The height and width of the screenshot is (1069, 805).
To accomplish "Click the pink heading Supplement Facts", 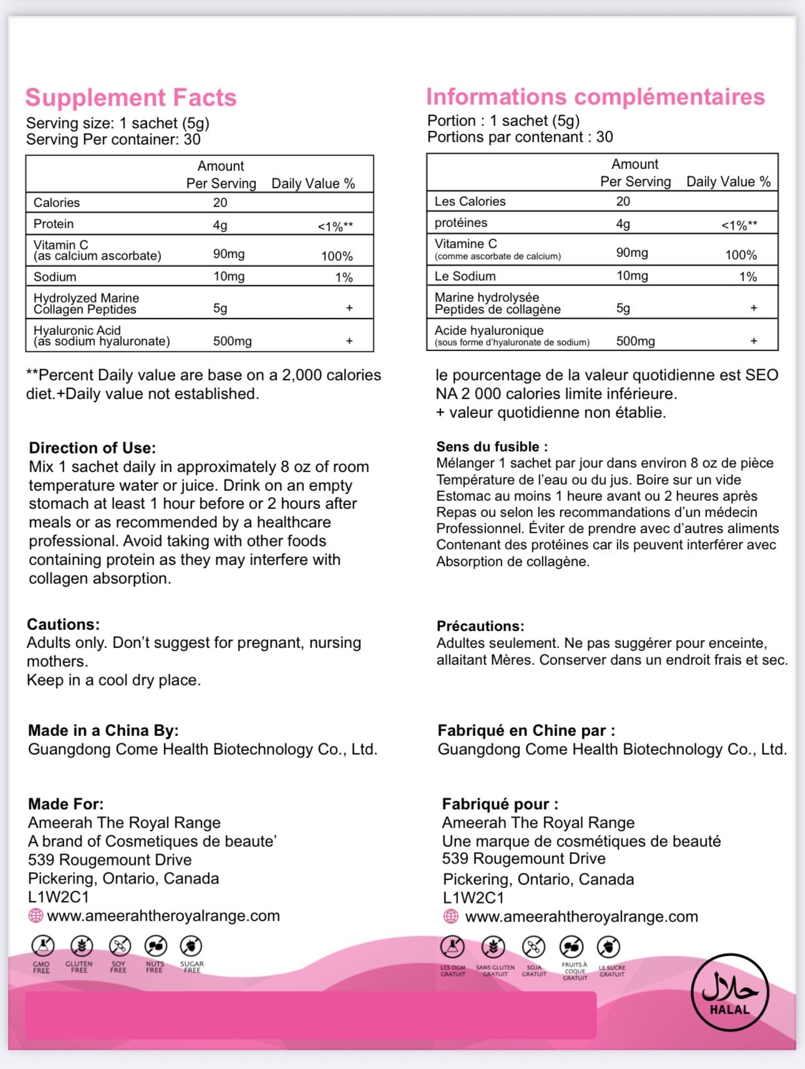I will [131, 98].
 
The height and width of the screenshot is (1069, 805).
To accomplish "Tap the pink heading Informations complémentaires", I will [595, 97].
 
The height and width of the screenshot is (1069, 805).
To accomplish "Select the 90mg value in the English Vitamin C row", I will [229, 254].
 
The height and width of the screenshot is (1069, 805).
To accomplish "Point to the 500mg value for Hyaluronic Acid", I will [232, 341].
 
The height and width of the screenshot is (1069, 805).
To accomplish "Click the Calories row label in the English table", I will [57, 203].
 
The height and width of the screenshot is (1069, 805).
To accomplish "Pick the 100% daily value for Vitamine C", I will [741, 255].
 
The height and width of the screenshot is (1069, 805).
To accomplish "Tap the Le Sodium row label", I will [465, 276].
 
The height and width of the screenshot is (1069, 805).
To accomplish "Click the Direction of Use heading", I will [92, 448].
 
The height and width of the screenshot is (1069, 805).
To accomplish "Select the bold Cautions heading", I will [63, 624].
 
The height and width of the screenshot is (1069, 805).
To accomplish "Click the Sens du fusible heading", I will [492, 447].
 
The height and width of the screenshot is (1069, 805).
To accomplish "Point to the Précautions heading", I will [481, 626].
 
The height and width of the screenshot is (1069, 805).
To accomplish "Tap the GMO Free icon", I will [42, 947].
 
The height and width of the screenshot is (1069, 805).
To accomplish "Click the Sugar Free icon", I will [192, 947].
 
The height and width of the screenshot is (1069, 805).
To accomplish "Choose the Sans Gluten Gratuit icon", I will [494, 948].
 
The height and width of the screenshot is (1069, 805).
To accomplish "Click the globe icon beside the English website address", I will [36, 916].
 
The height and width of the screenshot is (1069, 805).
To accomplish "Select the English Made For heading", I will [66, 804].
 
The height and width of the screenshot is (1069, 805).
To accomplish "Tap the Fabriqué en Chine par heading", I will [526, 730].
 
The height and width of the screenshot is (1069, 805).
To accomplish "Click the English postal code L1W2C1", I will [59, 897].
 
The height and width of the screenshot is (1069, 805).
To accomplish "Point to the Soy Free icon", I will [119, 947].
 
